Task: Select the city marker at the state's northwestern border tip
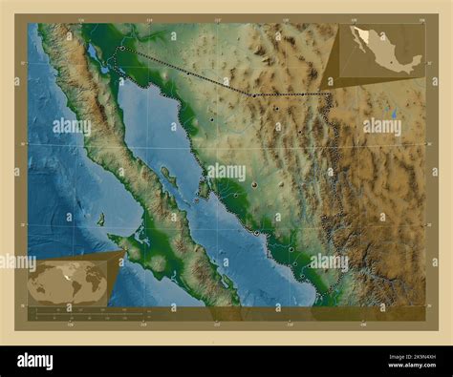click(122, 47)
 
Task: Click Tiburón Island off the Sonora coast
click(204, 188)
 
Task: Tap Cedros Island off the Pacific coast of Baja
click(100, 219)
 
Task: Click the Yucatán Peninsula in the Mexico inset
click(415, 59)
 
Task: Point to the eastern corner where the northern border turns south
click(330, 94)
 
